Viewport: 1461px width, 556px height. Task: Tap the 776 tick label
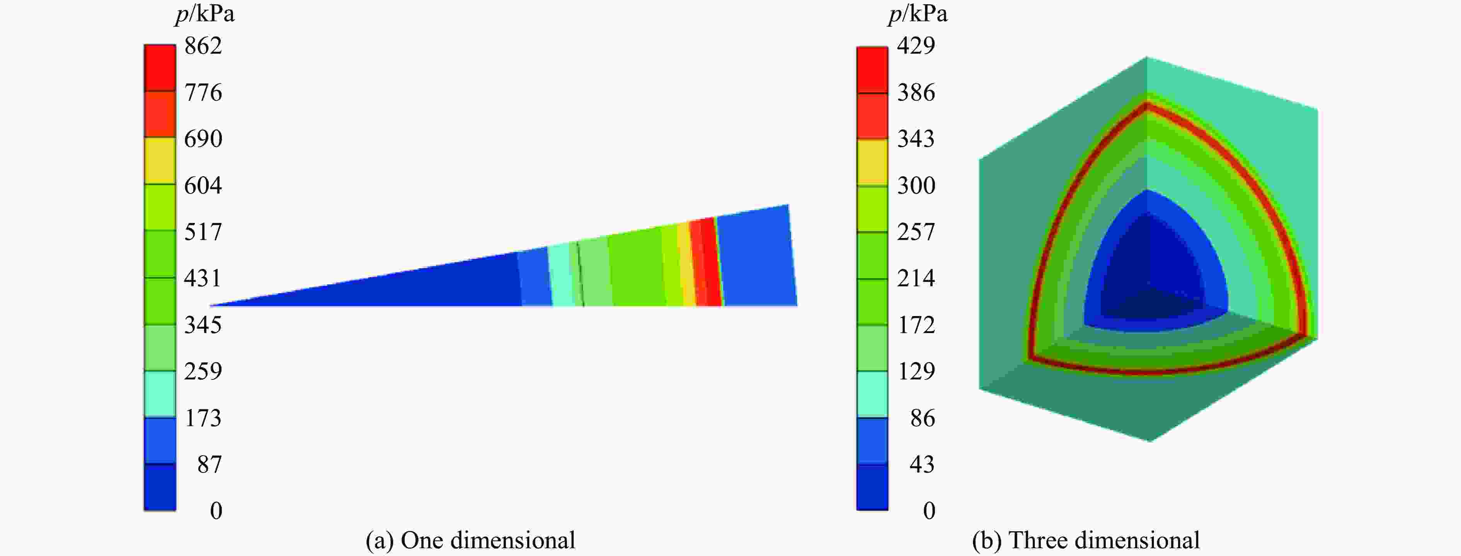point(203,92)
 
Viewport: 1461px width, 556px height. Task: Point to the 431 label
point(203,278)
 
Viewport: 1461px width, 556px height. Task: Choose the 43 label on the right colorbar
point(922,464)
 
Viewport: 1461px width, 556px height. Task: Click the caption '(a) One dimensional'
point(470,540)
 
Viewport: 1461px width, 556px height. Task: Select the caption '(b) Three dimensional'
point(1086,540)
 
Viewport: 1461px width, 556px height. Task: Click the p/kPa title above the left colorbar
point(204,14)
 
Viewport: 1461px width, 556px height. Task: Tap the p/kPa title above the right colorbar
point(917,14)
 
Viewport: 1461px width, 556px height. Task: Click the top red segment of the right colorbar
point(872,69)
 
